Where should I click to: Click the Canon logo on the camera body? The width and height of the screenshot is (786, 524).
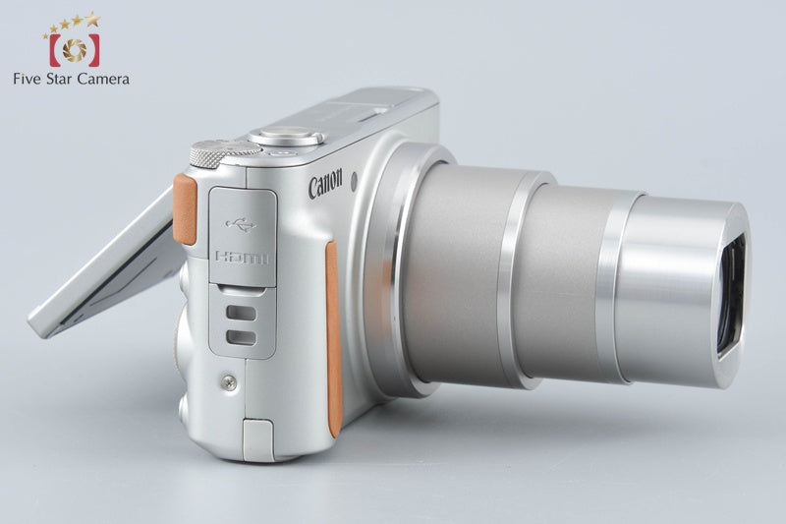(325, 184)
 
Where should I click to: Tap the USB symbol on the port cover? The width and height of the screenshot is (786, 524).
(241, 225)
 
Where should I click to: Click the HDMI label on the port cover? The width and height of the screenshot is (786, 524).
(242, 258)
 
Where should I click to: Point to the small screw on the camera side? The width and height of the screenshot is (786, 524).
(229, 382)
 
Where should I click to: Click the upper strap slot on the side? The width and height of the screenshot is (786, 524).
(241, 313)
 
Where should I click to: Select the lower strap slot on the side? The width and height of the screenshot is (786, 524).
(241, 337)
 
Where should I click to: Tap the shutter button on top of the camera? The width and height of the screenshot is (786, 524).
(286, 136)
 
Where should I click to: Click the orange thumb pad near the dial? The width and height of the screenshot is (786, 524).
(185, 209)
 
